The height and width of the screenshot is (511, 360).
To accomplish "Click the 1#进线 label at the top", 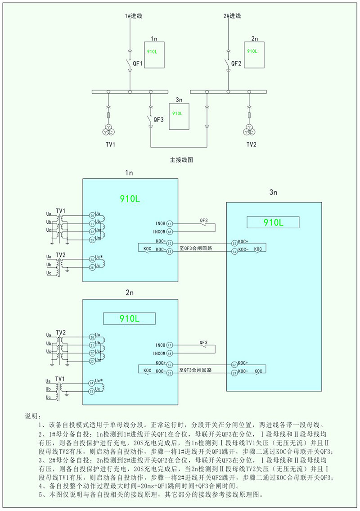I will pyautogui.click(x=134, y=16).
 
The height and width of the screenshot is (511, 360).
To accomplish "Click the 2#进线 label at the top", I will pyautogui.click(x=232, y=16).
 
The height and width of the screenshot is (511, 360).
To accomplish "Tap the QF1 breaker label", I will pyautogui.click(x=138, y=64).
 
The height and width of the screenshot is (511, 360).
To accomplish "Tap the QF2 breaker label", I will pyautogui.click(x=237, y=64).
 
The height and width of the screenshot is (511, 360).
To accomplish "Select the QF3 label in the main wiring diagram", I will pyautogui.click(x=158, y=120).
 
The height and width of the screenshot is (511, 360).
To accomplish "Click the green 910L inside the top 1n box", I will pyautogui.click(x=153, y=52).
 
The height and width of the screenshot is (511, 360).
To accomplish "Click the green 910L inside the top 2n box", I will pyautogui.click(x=252, y=51).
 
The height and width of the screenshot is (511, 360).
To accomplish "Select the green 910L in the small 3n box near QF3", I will pyautogui.click(x=177, y=113).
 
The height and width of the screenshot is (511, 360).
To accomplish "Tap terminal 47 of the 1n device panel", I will pyautogui.click(x=170, y=224).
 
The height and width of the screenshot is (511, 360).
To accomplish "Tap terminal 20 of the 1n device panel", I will pyautogui.click(x=92, y=216).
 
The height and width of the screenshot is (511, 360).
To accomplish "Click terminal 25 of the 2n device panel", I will pyautogui.click(x=92, y=391).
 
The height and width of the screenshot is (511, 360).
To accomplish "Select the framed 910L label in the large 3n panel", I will pyautogui.click(x=273, y=222).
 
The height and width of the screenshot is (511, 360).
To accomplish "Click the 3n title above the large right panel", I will pyautogui.click(x=273, y=192).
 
